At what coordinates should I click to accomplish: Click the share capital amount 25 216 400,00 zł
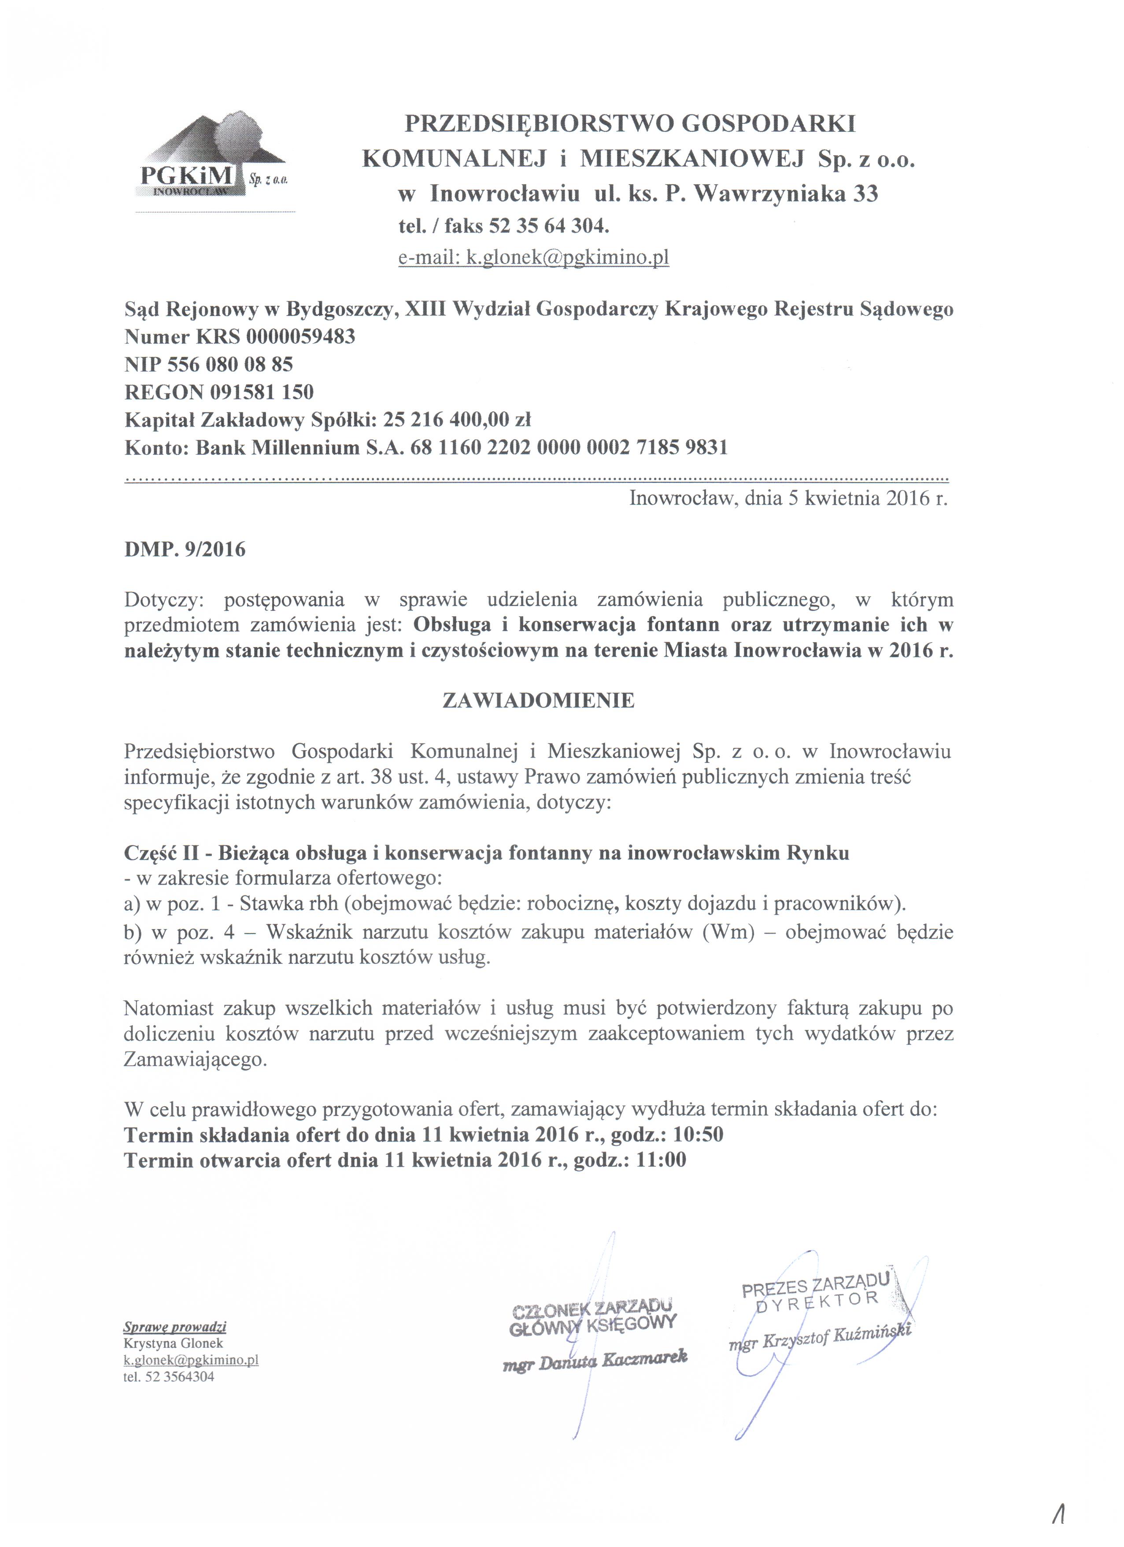coord(457,420)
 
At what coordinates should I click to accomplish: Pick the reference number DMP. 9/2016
coord(185,549)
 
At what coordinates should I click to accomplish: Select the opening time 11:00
coord(661,1160)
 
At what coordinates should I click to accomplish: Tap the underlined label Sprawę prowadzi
coord(174,1328)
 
